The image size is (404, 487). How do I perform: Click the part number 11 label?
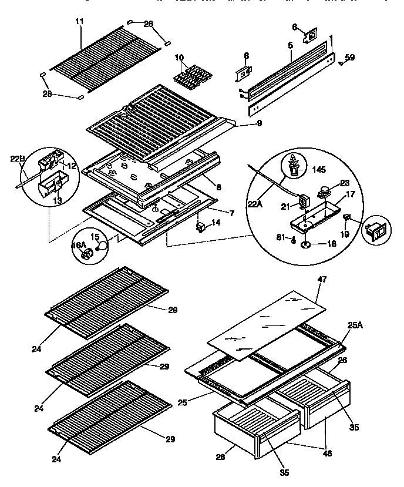(79, 22)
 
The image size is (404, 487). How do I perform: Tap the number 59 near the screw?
(349, 57)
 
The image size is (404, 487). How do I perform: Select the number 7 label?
(232, 213)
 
